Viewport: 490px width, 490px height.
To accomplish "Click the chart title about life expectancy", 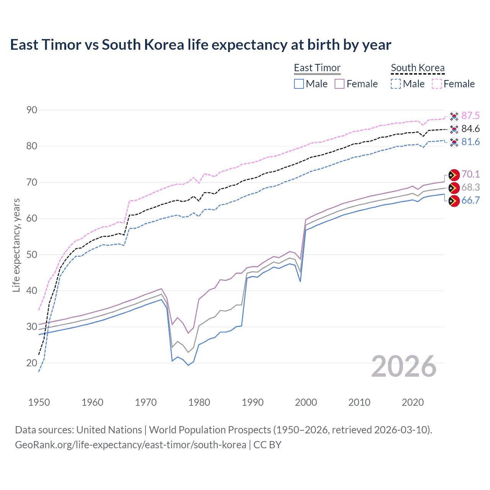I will (201, 45).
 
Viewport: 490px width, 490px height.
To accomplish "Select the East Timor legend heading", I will (317, 68).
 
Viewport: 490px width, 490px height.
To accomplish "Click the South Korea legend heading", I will (418, 68).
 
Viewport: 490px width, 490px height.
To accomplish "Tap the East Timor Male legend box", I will (299, 84).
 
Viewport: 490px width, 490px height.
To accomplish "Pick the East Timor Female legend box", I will (340, 84).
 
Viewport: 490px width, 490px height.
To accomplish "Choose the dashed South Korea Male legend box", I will (396, 84).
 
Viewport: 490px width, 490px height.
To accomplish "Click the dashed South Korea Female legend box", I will (437, 84).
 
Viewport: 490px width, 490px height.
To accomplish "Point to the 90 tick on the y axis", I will (32, 110).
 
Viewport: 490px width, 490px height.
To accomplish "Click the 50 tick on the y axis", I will (32, 255).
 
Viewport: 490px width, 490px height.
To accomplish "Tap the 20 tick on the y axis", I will (32, 363).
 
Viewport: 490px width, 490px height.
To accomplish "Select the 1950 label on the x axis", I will (39, 402).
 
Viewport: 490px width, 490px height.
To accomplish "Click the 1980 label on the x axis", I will (199, 402).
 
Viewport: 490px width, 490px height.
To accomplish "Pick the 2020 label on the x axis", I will (413, 402).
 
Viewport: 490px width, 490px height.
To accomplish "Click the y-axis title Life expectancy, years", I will (16, 245).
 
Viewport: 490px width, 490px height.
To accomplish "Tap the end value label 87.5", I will (470, 116).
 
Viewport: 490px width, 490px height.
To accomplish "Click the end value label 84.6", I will (470, 129).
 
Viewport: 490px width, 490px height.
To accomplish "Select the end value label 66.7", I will (470, 201).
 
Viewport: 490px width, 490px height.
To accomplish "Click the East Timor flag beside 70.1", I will (454, 175).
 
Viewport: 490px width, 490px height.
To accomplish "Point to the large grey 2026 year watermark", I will (404, 366).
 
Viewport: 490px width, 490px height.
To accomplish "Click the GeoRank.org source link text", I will (130, 445).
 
